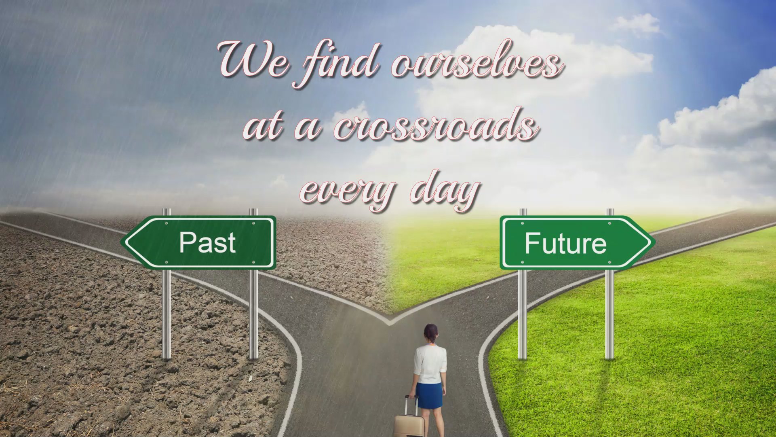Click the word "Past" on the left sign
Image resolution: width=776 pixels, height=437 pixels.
207,242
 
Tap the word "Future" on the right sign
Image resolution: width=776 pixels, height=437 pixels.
565,243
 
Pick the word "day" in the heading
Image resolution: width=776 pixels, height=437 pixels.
445,190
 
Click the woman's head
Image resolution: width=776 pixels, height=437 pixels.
431,333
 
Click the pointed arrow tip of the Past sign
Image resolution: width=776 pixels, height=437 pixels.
122,242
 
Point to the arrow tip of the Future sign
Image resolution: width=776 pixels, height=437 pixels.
654,243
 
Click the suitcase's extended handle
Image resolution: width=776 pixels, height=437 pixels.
411,405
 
